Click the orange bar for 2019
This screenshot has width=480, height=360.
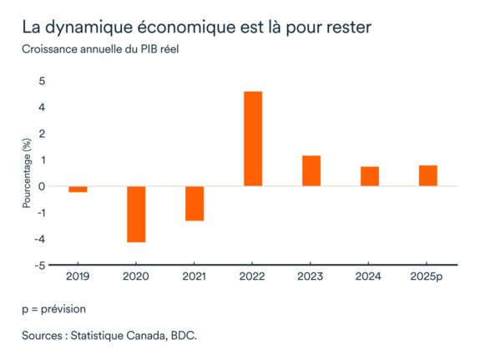[78, 189]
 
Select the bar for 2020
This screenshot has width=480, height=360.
[136, 214]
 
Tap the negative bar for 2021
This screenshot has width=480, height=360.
[195, 203]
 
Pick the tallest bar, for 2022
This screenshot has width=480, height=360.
[253, 139]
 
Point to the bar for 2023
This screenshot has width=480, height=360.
[311, 170]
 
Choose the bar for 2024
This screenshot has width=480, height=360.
[370, 176]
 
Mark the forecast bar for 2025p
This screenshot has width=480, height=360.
[428, 175]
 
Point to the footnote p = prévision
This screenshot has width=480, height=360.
[54, 308]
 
